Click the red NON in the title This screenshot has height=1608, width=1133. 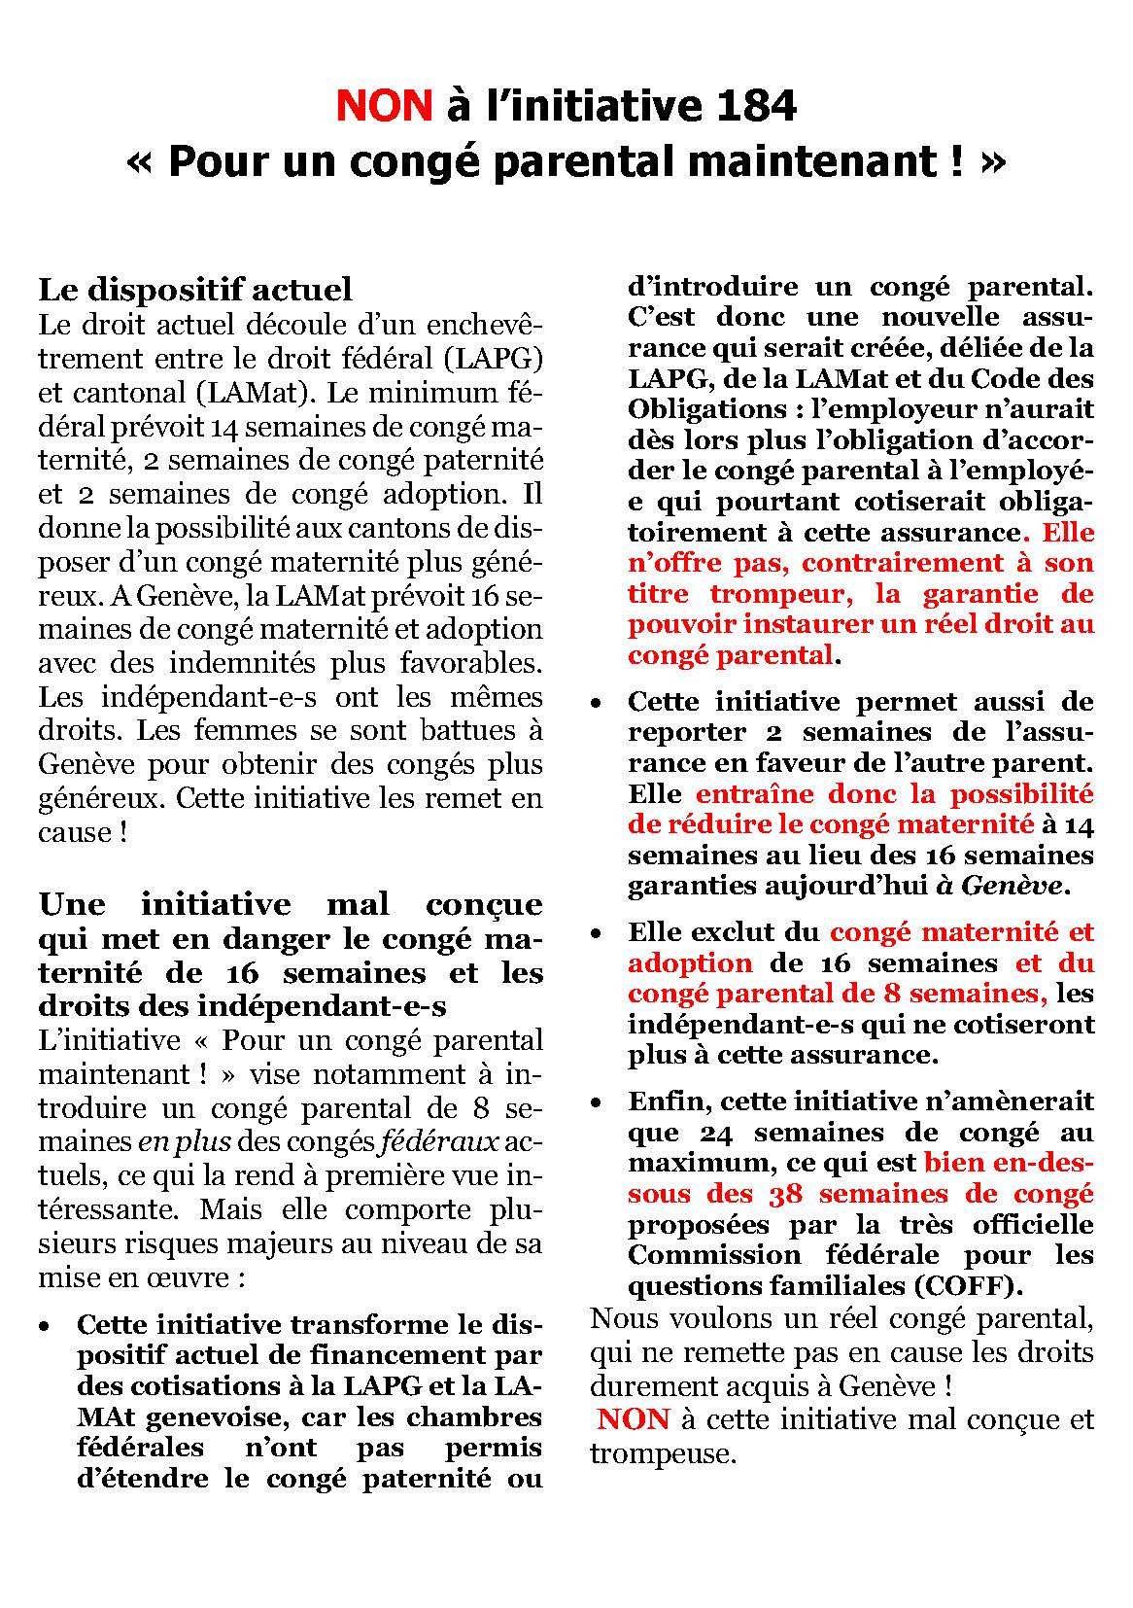[384, 106]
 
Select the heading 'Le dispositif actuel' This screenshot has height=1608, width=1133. [195, 290]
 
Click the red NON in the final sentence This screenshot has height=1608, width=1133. [634, 1419]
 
